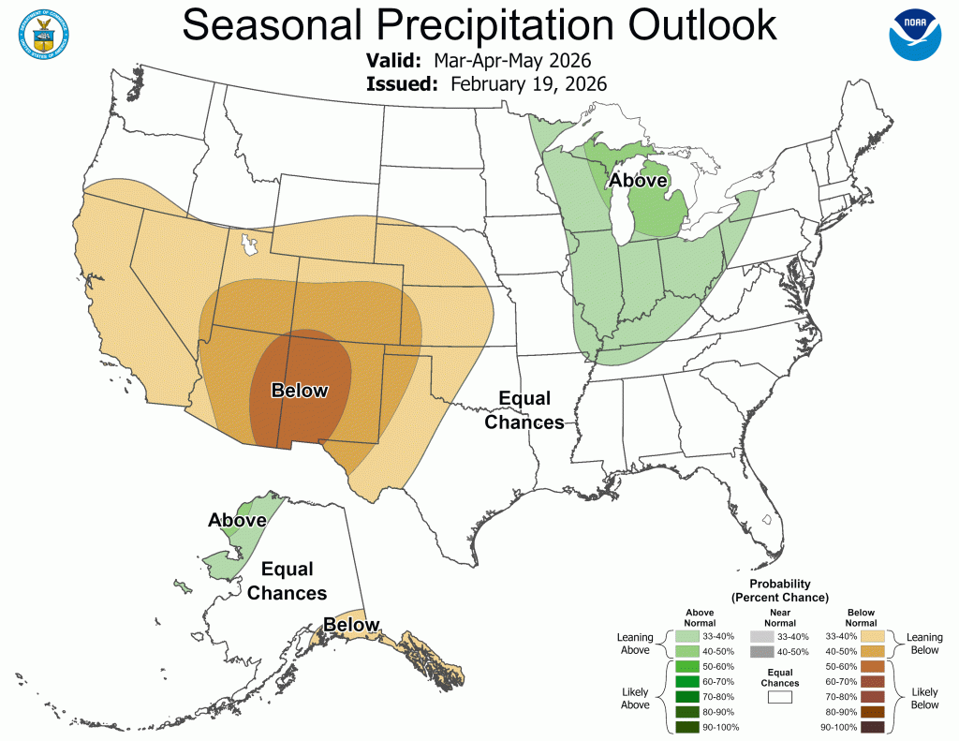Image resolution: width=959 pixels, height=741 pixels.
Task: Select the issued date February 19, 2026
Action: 528,83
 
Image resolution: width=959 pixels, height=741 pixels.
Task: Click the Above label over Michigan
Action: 638,180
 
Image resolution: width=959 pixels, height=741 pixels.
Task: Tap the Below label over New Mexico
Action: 300,391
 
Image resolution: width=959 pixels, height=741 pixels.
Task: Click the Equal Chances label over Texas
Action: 524,409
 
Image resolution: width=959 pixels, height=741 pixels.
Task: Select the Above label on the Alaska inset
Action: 237,520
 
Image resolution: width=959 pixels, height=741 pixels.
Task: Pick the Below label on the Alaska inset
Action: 351,625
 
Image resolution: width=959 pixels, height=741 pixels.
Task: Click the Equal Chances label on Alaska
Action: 288,581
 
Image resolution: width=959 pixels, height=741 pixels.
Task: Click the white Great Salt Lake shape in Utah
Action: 248,245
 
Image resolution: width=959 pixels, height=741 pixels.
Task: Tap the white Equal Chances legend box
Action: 779,696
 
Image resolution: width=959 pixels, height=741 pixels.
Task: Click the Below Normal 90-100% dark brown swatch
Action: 873,727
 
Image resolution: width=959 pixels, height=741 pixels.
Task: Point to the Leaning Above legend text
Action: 635,644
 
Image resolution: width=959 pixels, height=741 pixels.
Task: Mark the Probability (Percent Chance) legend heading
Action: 779,589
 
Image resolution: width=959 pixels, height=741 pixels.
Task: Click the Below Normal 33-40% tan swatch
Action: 873,636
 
